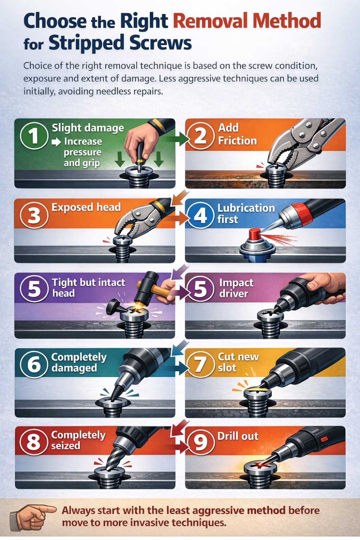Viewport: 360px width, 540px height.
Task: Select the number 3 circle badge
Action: coord(34,216)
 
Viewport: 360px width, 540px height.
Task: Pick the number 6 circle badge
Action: coord(34,364)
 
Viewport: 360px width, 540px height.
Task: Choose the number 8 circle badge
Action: coord(34,441)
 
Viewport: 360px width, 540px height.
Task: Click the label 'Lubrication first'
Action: coord(246,213)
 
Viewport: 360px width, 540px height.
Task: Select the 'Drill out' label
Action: coord(238,436)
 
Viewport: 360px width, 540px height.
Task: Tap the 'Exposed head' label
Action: coord(86,207)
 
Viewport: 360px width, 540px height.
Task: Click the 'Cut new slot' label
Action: coord(238,362)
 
